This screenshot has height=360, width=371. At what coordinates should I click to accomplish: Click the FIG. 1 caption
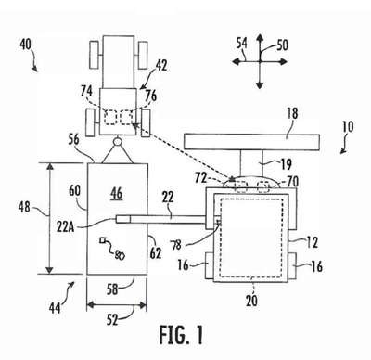click(x=181, y=335)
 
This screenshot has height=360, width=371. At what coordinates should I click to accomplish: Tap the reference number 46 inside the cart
click(x=116, y=194)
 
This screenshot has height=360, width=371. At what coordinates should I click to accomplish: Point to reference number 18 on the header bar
click(x=292, y=113)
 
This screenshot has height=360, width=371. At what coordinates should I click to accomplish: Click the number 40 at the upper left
click(x=26, y=45)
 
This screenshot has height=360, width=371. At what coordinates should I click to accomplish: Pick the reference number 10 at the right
click(x=348, y=127)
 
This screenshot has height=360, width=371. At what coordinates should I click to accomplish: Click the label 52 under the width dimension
click(x=112, y=320)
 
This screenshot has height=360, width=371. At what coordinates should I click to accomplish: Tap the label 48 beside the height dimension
click(x=24, y=207)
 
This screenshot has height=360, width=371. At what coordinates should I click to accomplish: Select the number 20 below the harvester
click(x=251, y=301)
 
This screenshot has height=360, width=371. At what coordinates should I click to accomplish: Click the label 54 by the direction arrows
click(x=242, y=44)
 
